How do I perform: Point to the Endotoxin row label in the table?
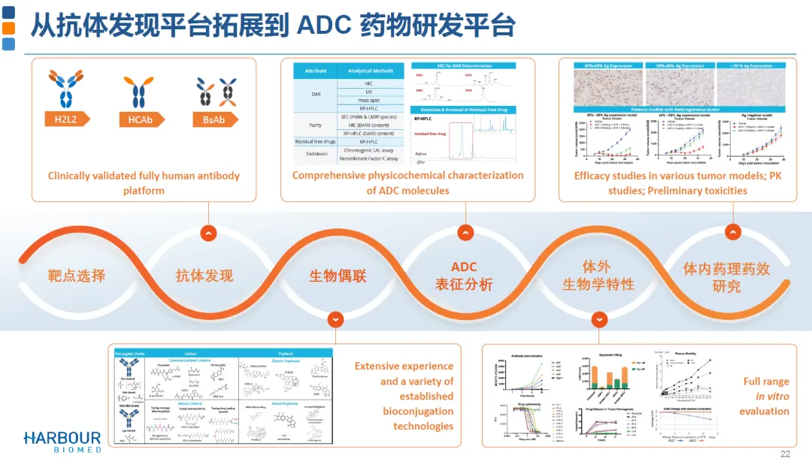pyautogui.click(x=316, y=154)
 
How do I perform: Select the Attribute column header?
pyautogui.click(x=316, y=71)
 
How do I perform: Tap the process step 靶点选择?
pyautogui.click(x=77, y=275)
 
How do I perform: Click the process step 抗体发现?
pyautogui.click(x=205, y=275)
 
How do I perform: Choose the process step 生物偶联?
pyautogui.click(x=338, y=275)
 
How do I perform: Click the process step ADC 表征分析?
pyautogui.click(x=464, y=276)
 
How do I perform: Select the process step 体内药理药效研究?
pyautogui.click(x=726, y=276)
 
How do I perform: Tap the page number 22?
pyautogui.click(x=785, y=454)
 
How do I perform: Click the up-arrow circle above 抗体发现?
pyautogui.click(x=209, y=233)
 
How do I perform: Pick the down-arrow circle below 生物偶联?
pyautogui.click(x=336, y=320)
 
